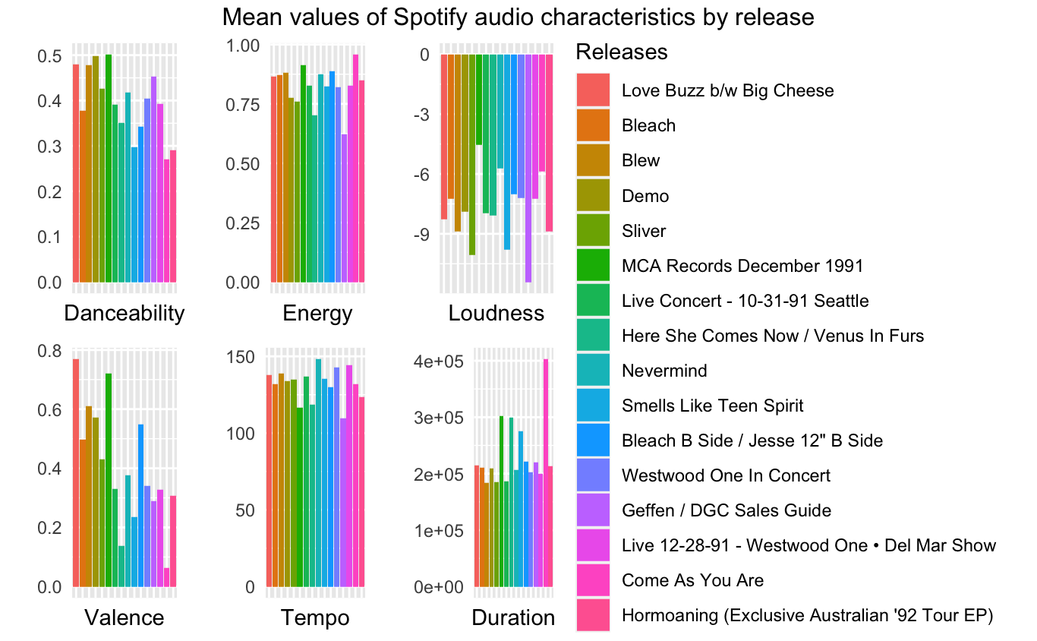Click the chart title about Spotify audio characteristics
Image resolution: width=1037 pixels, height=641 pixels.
(x=518, y=17)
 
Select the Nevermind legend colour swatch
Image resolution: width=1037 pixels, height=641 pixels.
(x=593, y=371)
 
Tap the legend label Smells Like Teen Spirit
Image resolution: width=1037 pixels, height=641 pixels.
(x=711, y=406)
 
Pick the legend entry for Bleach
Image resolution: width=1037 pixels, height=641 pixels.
(x=648, y=125)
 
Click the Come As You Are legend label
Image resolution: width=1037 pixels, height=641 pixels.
(x=692, y=580)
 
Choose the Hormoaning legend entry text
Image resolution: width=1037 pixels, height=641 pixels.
(x=807, y=615)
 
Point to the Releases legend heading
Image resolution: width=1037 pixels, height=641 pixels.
(x=622, y=52)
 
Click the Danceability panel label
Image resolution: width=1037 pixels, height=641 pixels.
(x=125, y=313)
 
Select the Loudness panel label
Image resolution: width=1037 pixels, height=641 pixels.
(x=496, y=313)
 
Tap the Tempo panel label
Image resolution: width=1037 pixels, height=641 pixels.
(x=315, y=617)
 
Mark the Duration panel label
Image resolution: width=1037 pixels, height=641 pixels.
(x=513, y=617)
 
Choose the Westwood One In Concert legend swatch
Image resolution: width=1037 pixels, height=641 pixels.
(x=593, y=475)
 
